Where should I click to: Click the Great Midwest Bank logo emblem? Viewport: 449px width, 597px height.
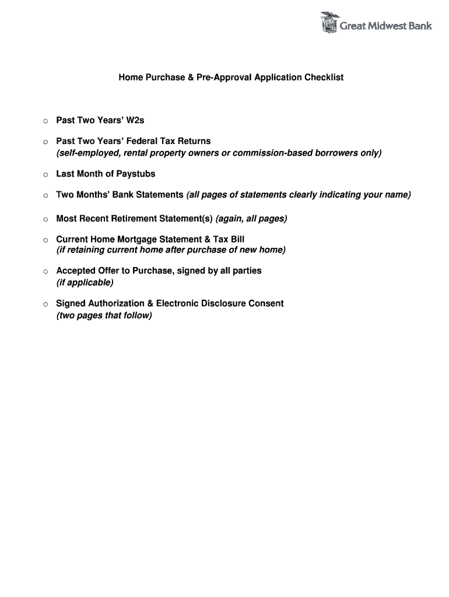(329, 23)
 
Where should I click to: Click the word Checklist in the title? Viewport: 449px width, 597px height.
(324, 77)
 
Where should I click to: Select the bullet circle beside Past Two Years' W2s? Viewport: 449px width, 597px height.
(45, 121)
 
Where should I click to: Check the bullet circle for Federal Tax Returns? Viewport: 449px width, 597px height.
(45, 142)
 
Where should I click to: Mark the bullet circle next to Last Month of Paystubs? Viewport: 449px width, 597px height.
(45, 175)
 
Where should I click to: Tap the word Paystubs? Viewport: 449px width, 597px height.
(136, 174)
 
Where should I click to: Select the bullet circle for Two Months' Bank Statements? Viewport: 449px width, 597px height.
(45, 196)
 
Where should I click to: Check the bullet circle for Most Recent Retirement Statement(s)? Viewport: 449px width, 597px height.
(45, 220)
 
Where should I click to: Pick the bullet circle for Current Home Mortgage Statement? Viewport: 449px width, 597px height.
(45, 240)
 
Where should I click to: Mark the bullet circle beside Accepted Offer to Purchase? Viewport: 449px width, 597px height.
(45, 272)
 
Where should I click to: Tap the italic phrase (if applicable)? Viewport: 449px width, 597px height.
(85, 282)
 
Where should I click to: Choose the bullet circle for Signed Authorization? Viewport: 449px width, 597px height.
(45, 304)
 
